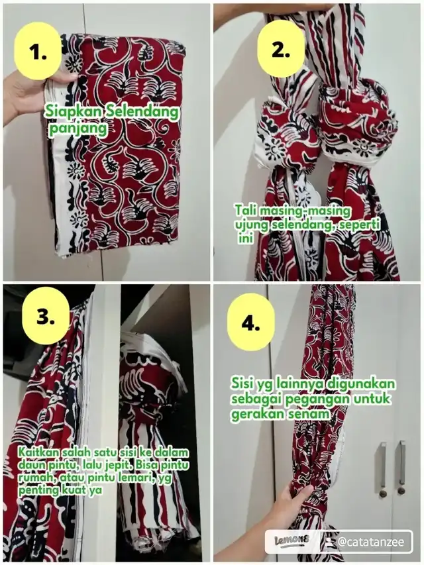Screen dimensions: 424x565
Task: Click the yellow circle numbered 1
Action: pos(38,51)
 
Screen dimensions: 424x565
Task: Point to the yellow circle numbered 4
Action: pos(251,322)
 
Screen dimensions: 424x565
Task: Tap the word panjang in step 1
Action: pos(78,129)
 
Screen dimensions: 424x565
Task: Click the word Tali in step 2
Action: pos(246,211)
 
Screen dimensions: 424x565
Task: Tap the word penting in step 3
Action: pos(37,490)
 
